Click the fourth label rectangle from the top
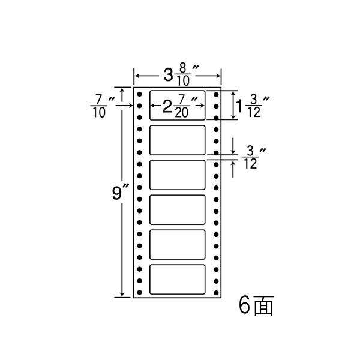tap(178, 209)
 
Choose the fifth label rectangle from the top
tap(178, 244)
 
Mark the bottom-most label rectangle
tap(178, 279)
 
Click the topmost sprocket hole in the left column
tap(139, 94)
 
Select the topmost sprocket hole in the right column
tap(216, 94)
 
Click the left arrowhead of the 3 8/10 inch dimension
tap(137, 76)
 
